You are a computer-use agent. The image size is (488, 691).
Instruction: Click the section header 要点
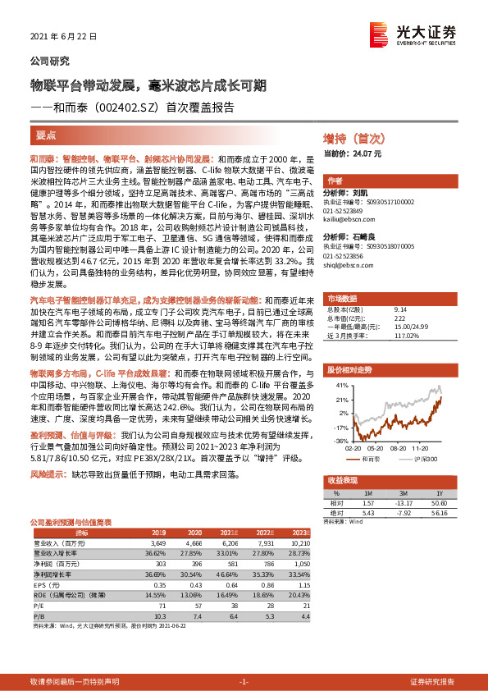46,135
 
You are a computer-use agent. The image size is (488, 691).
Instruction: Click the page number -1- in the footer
243,683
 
